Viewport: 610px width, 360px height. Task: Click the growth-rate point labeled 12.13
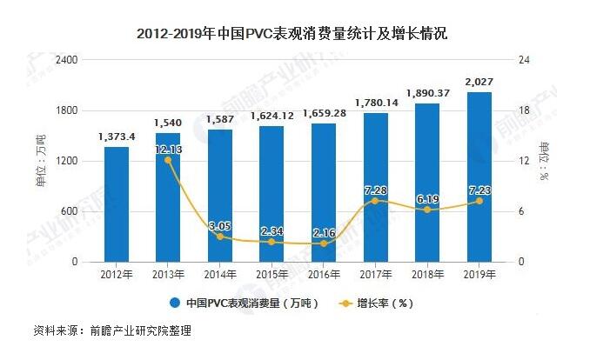[x=169, y=160]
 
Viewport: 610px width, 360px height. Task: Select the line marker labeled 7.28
[x=375, y=201]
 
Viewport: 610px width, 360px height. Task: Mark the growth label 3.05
[x=221, y=226]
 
